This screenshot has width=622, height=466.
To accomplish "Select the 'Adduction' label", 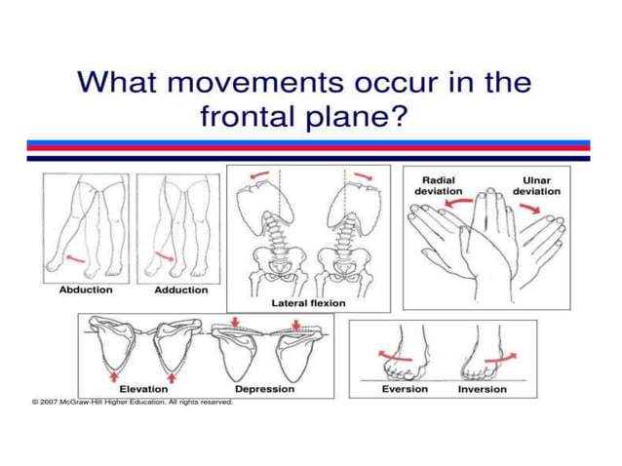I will (x=181, y=290).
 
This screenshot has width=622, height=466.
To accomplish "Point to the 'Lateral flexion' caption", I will (x=308, y=303).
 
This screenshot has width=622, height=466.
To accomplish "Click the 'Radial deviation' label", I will (x=439, y=185).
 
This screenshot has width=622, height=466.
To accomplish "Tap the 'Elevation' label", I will (x=138, y=389).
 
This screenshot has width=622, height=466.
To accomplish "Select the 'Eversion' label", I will (x=404, y=389).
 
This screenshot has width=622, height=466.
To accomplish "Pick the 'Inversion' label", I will (x=483, y=389).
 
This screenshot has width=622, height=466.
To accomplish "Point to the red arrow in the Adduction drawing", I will (x=164, y=257).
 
